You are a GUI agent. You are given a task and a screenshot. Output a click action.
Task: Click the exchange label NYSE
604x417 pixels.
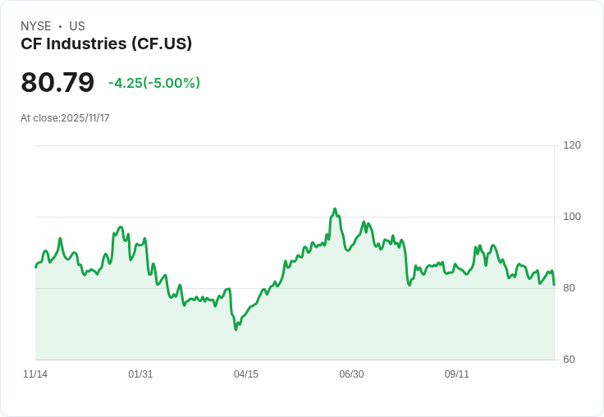(36, 26)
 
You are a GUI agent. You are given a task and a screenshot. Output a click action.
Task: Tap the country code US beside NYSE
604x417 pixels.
(77, 26)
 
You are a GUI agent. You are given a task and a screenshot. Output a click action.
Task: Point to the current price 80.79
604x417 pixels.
(57, 83)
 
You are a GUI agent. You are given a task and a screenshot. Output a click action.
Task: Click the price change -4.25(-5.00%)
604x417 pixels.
(154, 83)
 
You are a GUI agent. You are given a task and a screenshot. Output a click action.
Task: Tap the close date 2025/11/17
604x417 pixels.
(85, 118)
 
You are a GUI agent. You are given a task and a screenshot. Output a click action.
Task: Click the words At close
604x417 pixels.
(39, 118)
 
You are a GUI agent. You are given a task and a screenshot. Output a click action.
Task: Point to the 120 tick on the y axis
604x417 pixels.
(572, 145)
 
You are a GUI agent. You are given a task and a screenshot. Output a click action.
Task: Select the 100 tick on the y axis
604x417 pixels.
(572, 217)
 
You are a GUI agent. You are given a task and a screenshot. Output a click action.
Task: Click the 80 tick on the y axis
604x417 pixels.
(569, 288)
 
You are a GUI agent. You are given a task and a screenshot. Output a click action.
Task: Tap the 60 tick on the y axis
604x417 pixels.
(569, 360)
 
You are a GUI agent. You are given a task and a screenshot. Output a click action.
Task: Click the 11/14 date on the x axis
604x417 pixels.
(35, 374)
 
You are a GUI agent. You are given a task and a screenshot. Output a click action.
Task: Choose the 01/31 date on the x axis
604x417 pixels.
(140, 374)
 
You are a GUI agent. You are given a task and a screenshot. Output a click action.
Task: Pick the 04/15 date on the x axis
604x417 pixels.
(246, 374)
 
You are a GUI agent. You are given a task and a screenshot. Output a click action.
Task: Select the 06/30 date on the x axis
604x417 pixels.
(351, 374)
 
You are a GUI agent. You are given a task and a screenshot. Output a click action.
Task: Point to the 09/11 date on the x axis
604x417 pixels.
(457, 374)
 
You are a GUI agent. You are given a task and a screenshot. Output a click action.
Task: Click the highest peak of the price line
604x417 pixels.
(335, 209)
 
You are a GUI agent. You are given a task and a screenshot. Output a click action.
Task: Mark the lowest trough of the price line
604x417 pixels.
(236, 329)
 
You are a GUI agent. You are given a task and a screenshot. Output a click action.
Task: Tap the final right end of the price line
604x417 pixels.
(554, 285)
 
